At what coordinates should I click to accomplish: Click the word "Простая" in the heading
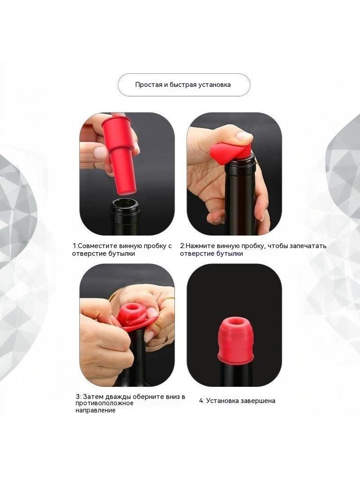click(x=148, y=85)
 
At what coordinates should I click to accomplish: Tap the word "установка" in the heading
click(x=214, y=85)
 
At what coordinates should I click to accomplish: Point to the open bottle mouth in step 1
click(x=126, y=203)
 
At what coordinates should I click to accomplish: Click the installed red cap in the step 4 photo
click(x=235, y=339)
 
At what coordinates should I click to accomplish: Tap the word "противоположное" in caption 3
click(x=104, y=403)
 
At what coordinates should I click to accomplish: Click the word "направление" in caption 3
click(x=95, y=411)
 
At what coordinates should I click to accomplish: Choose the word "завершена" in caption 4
click(x=259, y=401)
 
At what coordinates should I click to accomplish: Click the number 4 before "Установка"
click(x=201, y=401)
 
